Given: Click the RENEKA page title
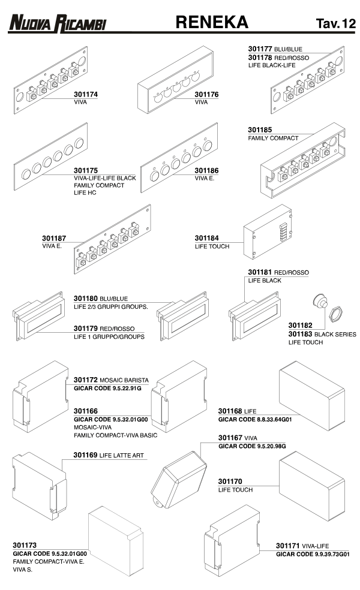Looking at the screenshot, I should (212, 22).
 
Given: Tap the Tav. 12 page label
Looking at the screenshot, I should (335, 23).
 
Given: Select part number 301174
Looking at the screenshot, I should (86, 95).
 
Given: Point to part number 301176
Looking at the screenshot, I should (207, 95).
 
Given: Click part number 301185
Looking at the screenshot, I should (260, 129).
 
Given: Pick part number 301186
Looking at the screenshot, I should (207, 170).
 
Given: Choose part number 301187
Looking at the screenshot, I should (55, 238).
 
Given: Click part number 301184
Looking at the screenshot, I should (207, 238).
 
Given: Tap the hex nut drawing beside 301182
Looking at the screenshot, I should (337, 314).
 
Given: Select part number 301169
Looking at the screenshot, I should (86, 456).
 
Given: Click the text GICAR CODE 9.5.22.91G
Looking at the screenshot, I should (107, 389).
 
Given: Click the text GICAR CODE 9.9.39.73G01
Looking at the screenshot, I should (313, 555).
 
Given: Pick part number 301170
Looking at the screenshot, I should (230, 481).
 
